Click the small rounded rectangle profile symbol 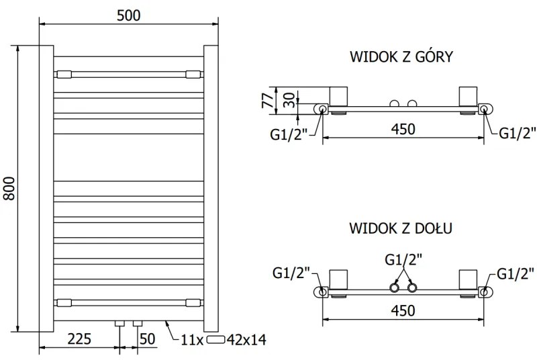[x=216, y=340]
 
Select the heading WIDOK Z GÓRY [x=401, y=56]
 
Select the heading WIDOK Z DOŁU [x=401, y=228]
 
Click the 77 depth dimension [x=266, y=101]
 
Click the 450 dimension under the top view [x=403, y=128]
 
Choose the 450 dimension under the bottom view [x=403, y=310]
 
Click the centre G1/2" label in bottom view [x=403, y=259]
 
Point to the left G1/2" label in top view [x=289, y=134]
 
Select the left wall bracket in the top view [x=338, y=96]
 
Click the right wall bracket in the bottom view [x=467, y=279]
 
